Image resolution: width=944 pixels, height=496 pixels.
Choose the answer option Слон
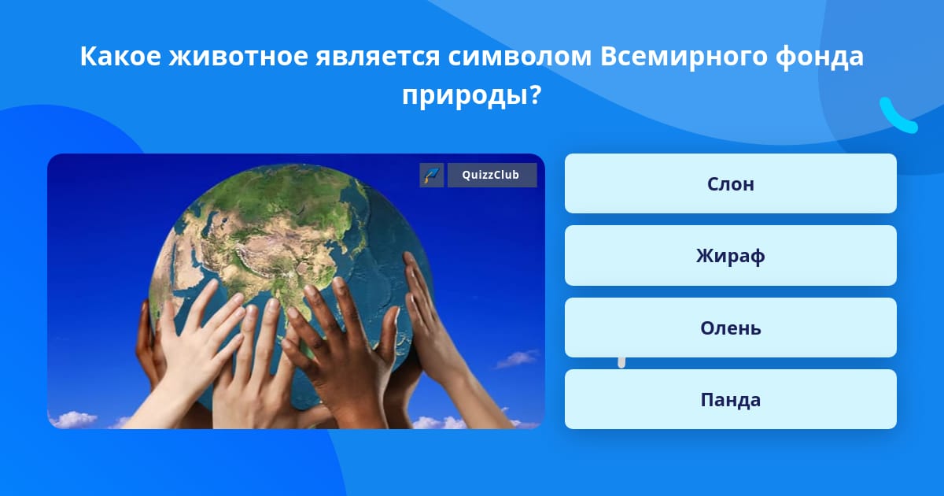[x=730, y=183]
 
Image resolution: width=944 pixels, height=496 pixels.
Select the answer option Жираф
[x=730, y=256]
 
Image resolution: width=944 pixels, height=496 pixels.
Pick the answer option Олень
[x=730, y=328]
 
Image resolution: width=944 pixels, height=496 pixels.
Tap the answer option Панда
[x=730, y=399]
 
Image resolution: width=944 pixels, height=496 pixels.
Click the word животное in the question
[x=238, y=56]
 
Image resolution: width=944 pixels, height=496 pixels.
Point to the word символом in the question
[x=520, y=56]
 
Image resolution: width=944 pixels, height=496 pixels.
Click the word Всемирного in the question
[x=684, y=57]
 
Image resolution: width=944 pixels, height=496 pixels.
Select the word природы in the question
[x=465, y=96]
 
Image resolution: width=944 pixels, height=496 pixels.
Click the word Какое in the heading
[x=120, y=56]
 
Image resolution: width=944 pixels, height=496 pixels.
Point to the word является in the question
[x=378, y=56]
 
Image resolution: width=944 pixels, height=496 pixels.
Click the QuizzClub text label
[x=491, y=175]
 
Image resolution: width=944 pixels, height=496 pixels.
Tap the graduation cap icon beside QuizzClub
[x=432, y=175]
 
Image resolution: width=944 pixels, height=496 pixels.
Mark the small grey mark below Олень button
[x=621, y=363]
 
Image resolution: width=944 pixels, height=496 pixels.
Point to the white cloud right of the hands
[x=517, y=359]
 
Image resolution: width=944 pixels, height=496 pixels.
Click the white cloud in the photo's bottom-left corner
[x=72, y=420]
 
